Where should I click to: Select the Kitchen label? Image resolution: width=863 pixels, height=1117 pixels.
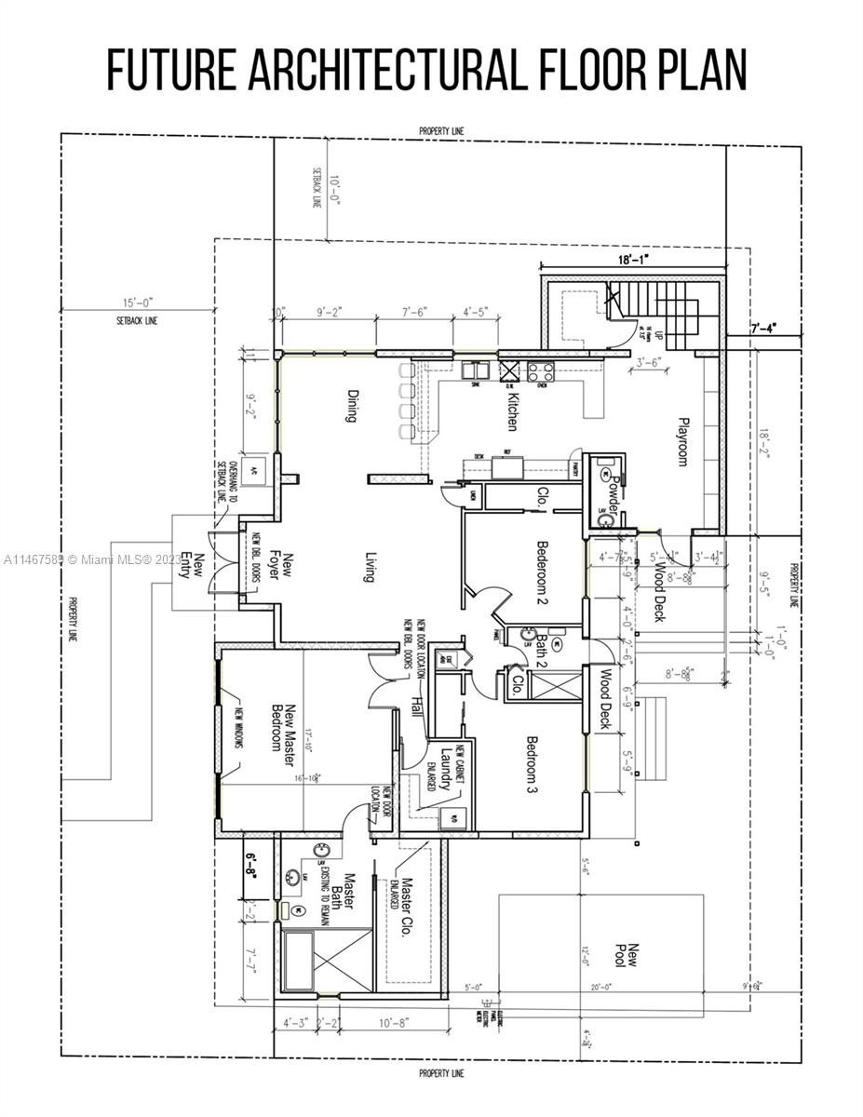coord(511,411)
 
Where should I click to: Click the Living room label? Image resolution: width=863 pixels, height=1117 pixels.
coord(368,564)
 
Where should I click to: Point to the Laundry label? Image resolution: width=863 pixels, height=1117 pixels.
coord(446,769)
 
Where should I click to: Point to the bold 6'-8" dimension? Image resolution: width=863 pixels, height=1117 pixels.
coord(251,857)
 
